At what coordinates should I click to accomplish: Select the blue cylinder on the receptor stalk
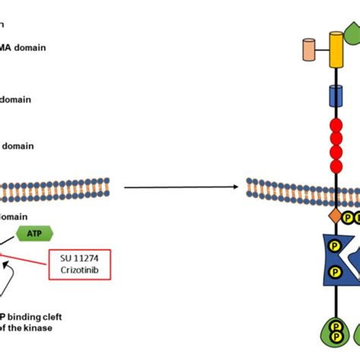point(335,96)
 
